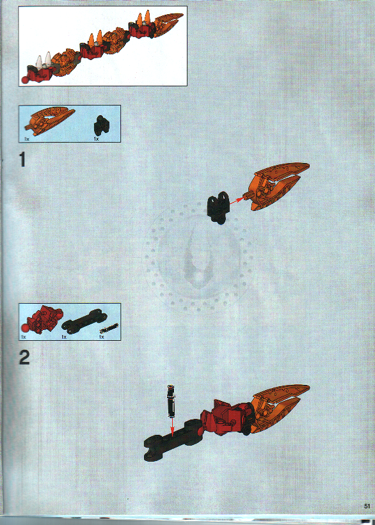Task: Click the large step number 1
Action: tap(22, 159)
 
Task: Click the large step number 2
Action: tap(24, 357)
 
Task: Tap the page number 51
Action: tap(367, 505)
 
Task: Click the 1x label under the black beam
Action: tap(64, 336)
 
